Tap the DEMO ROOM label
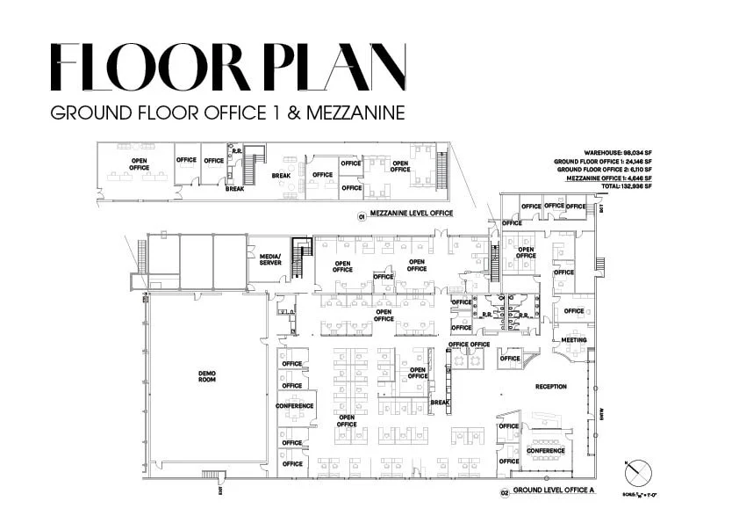pyautogui.click(x=207, y=376)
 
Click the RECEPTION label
pyautogui.click(x=551, y=387)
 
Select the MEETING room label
pyautogui.click(x=574, y=340)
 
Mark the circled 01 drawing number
pyautogui.click(x=360, y=214)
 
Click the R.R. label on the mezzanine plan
pyautogui.click(x=234, y=151)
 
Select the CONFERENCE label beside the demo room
pyautogui.click(x=295, y=406)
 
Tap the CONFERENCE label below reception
pyautogui.click(x=545, y=452)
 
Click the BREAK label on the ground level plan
pyautogui.click(x=440, y=403)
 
